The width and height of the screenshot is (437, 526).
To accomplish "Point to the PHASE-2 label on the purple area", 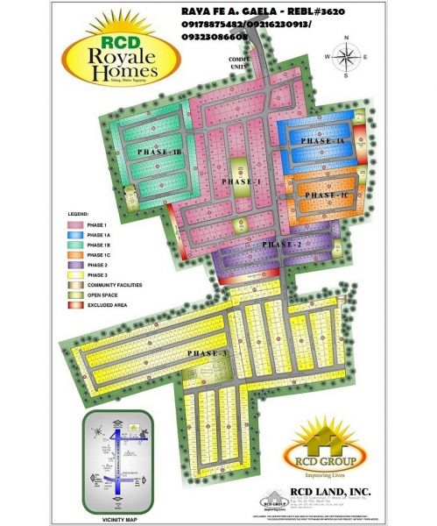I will pyautogui.click(x=282, y=244).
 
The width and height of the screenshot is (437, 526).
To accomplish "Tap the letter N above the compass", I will pyautogui.click(x=347, y=38).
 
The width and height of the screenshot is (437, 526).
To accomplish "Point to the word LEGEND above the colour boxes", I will pyautogui.click(x=80, y=214).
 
